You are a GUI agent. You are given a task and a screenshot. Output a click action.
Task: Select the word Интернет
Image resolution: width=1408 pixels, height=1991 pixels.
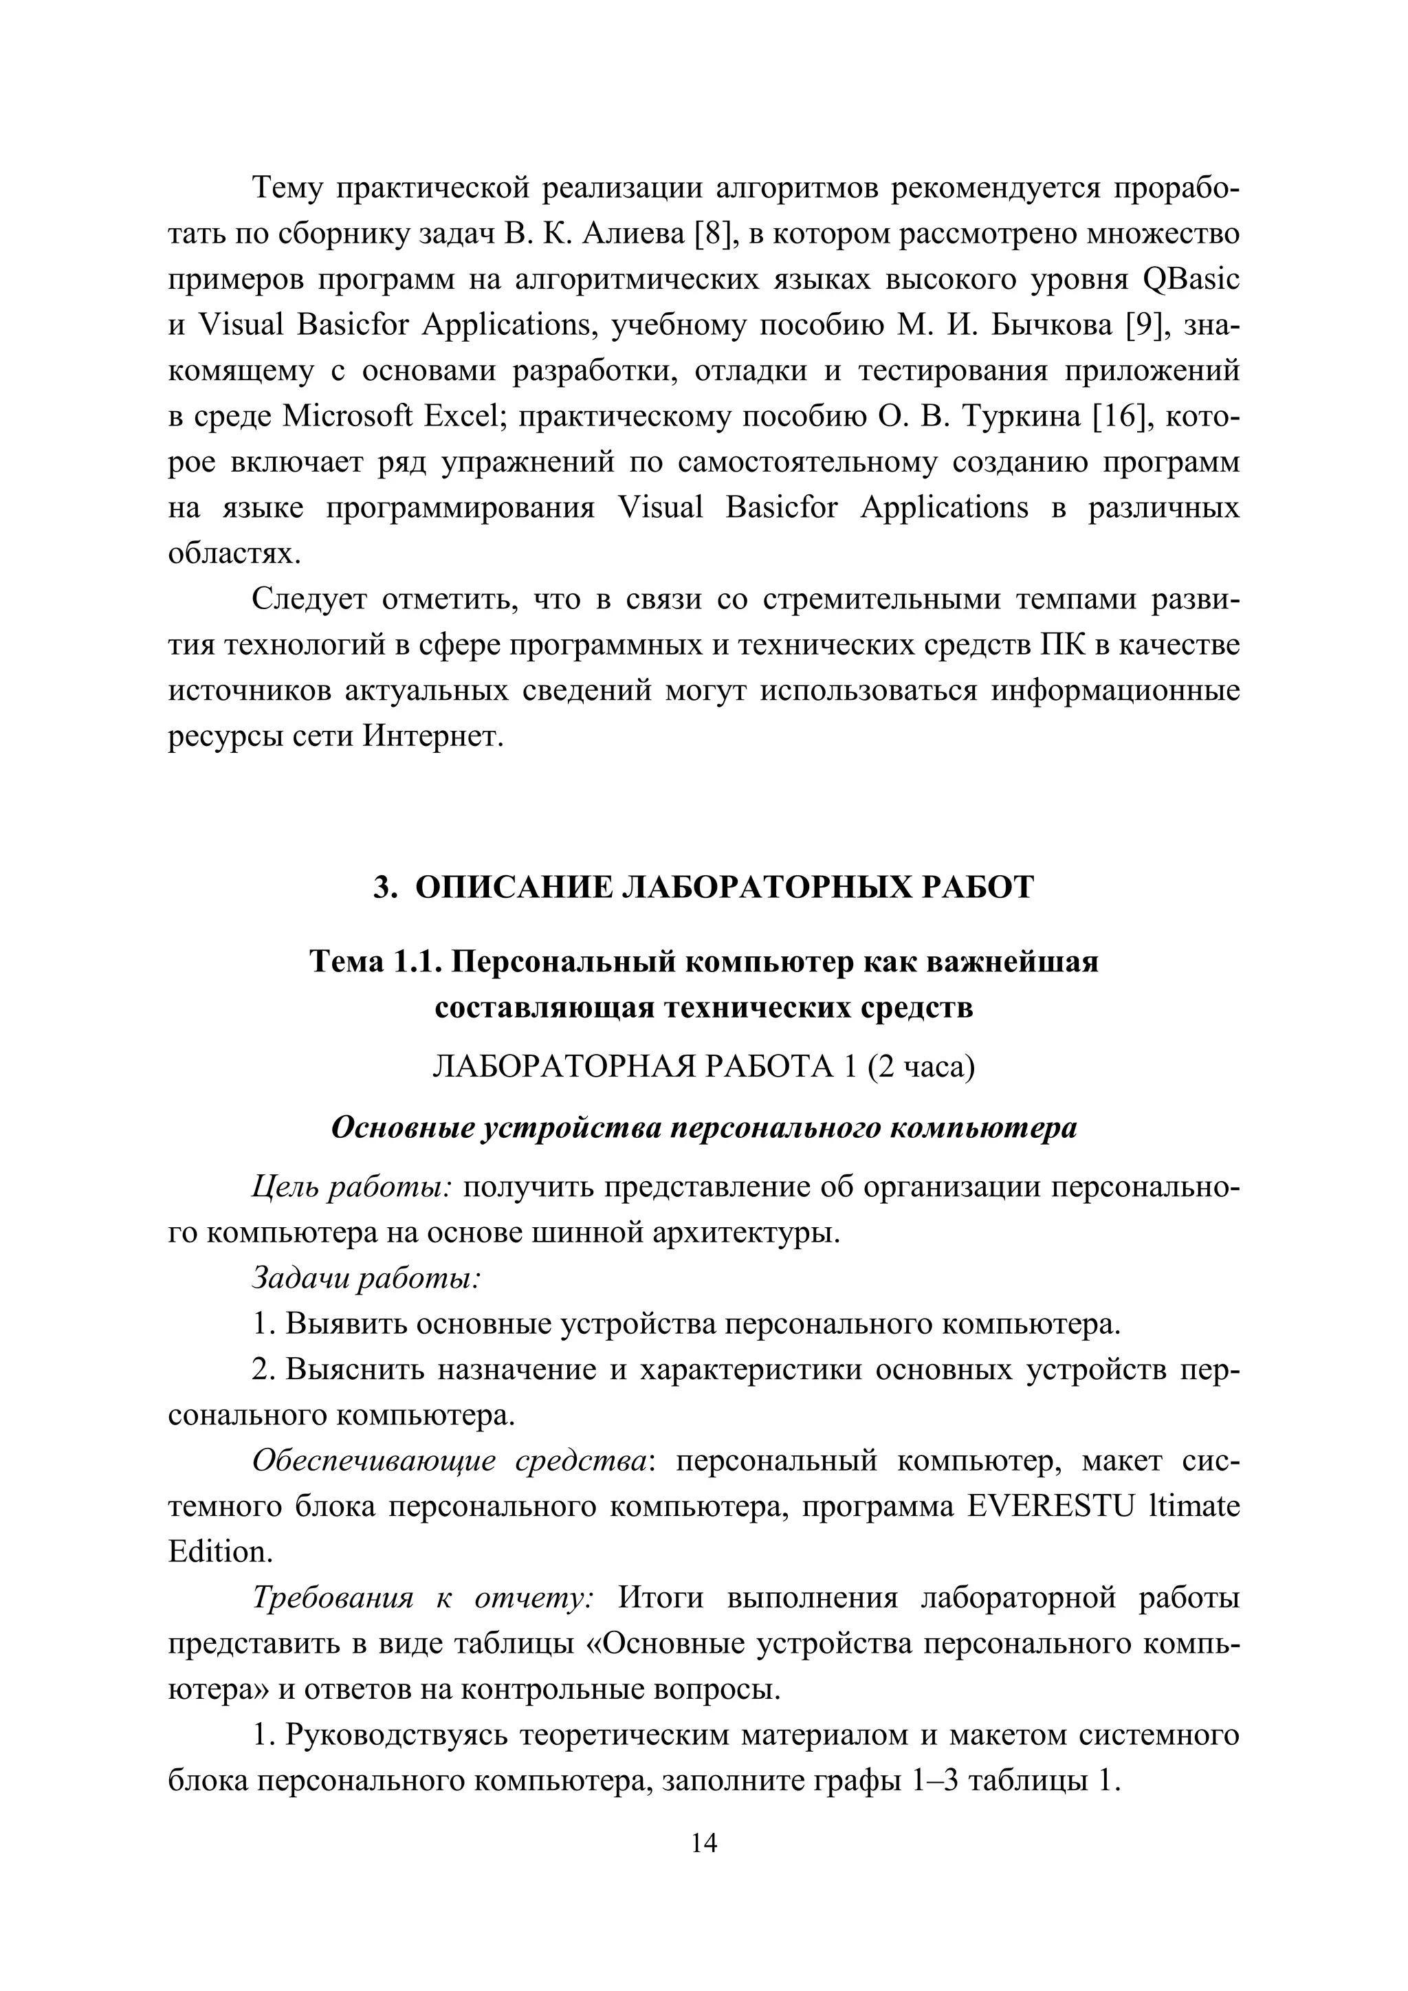pyautogui.click(x=432, y=737)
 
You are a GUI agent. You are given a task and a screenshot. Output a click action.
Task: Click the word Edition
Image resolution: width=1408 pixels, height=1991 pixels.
pyautogui.click(x=220, y=1552)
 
